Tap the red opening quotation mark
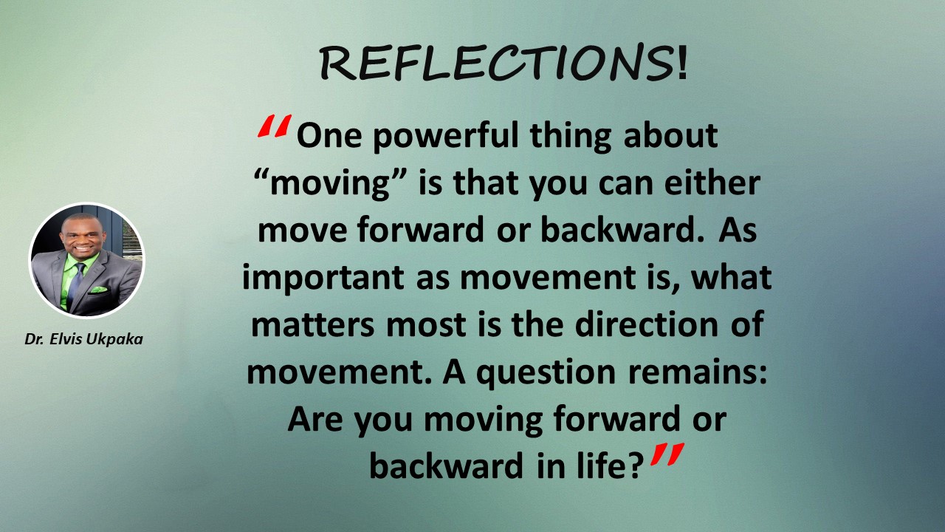click(x=275, y=126)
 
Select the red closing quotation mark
click(x=667, y=454)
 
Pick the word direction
click(x=646, y=324)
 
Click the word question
click(x=546, y=373)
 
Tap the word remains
click(x=698, y=372)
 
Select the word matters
click(x=312, y=325)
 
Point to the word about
click(x=670, y=136)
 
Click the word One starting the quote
click(x=329, y=136)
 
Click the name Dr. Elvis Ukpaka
click(x=83, y=339)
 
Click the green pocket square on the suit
click(x=98, y=290)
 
